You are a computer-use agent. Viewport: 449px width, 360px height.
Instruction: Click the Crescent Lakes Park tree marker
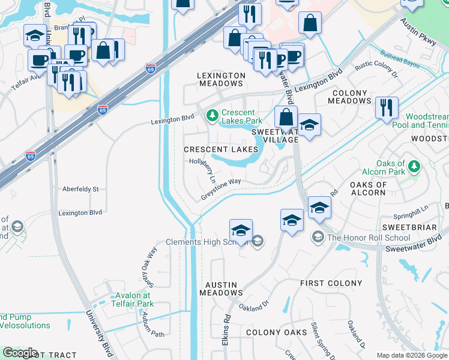click(x=211, y=115)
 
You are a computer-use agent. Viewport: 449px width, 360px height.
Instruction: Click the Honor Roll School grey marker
click(x=318, y=238)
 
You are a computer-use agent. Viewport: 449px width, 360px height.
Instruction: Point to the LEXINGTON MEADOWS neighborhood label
click(x=221, y=79)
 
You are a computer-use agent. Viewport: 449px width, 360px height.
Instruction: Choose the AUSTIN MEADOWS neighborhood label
click(x=221, y=289)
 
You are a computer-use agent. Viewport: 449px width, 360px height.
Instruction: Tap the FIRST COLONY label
click(x=331, y=283)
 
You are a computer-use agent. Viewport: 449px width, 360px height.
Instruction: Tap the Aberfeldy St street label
click(x=80, y=189)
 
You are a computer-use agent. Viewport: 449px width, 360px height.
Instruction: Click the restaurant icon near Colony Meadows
click(x=386, y=107)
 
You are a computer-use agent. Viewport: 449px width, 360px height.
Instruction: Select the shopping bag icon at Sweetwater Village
click(x=286, y=116)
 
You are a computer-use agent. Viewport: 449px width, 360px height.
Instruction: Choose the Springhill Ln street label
click(x=409, y=215)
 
